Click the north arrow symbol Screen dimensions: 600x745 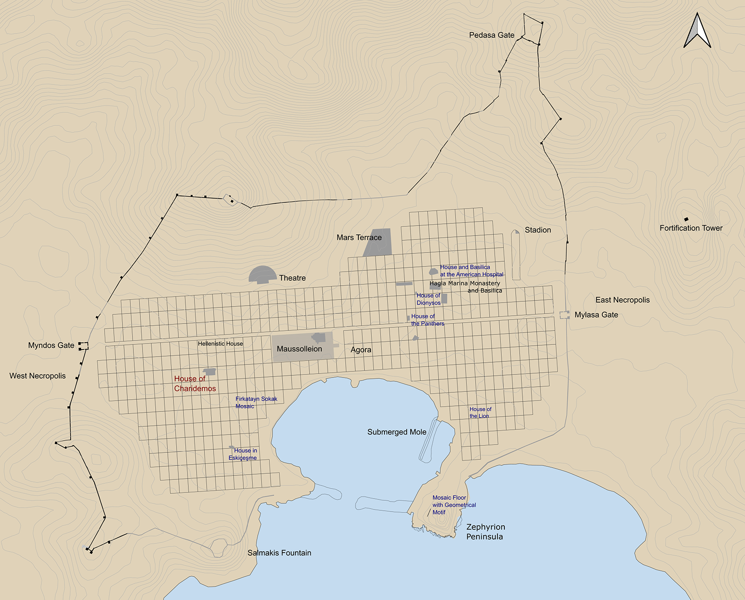tap(697, 31)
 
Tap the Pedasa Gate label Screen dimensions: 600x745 tap(491, 35)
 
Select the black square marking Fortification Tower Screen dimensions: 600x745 tap(686, 219)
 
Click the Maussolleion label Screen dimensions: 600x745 tap(299, 349)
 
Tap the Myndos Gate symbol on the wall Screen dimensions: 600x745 tap(83, 346)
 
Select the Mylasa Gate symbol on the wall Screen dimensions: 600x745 tap(565, 315)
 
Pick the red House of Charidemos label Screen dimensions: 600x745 tap(194, 384)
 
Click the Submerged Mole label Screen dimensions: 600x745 tap(396, 432)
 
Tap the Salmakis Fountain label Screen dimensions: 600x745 tap(279, 553)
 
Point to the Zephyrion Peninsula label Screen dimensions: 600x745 tap(485, 532)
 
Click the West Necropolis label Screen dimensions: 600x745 tap(37, 376)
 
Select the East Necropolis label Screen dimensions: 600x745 tap(622, 300)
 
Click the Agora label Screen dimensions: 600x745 tap(361, 350)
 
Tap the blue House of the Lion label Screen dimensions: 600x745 tap(480, 412)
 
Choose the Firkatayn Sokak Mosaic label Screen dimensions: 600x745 tap(256, 402)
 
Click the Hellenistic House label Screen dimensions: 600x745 tap(220, 344)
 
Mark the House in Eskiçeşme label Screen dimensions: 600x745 tap(243, 454)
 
